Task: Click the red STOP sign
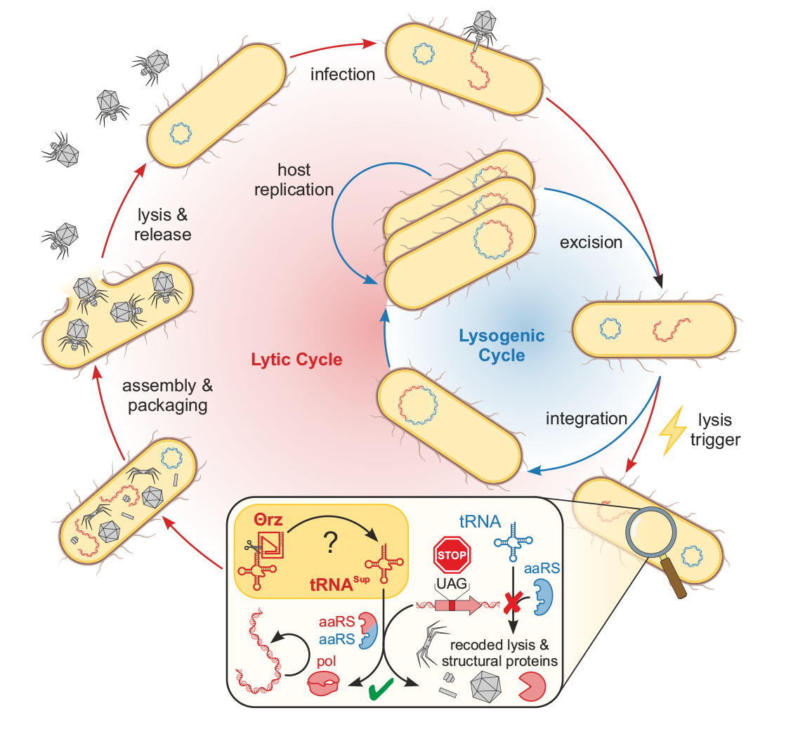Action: click(x=452, y=556)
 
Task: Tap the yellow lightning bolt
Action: click(x=672, y=430)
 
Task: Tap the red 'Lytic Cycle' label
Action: click(x=296, y=360)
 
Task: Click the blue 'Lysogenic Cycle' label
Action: click(x=502, y=345)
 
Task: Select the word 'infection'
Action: click(x=343, y=74)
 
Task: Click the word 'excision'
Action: click(x=591, y=242)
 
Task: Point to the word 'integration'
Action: click(x=586, y=419)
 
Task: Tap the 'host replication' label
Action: click(x=294, y=180)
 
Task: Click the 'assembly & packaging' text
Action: click(x=167, y=395)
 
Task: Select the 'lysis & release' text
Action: click(x=162, y=225)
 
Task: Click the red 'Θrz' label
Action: click(x=268, y=520)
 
